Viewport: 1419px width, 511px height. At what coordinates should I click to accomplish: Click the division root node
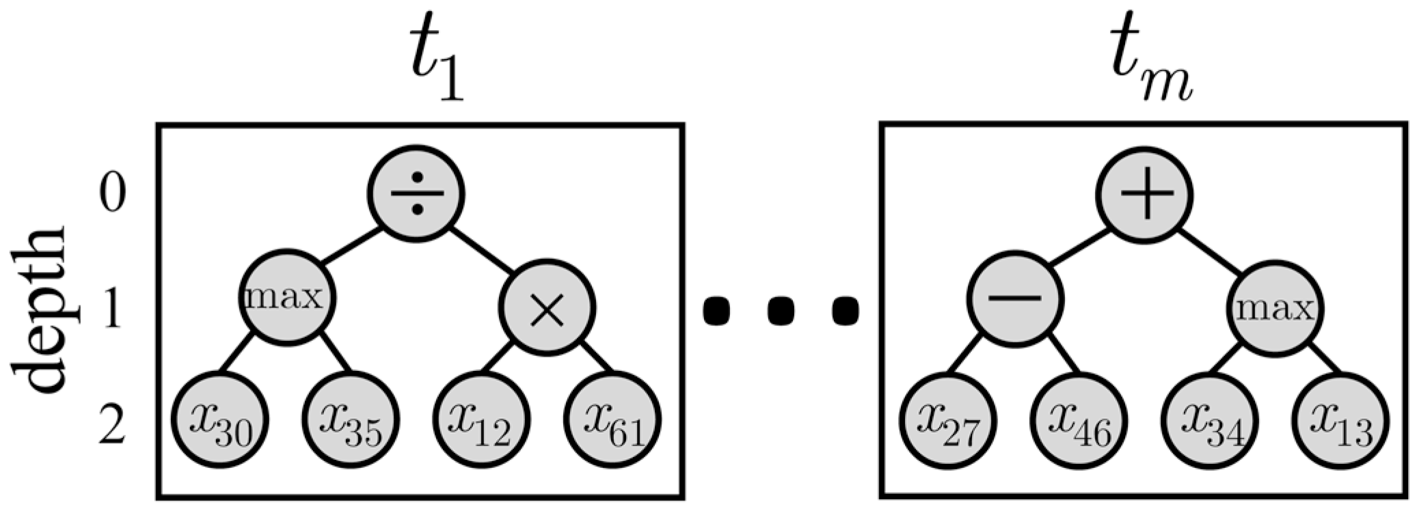coord(417,193)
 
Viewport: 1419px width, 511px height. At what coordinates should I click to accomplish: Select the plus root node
coord(1146,194)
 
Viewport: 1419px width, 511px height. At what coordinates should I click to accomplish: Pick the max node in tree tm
coord(1275,309)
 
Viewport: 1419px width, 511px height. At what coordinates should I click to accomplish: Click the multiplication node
coord(547,309)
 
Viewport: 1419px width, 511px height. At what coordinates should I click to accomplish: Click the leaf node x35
coord(351,419)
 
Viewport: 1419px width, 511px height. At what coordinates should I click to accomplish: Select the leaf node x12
coord(481,419)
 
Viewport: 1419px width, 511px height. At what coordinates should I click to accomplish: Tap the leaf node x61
coord(612,419)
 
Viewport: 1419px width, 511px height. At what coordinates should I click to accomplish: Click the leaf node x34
coord(1211,419)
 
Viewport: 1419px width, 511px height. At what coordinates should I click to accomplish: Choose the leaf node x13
coord(1340,419)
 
